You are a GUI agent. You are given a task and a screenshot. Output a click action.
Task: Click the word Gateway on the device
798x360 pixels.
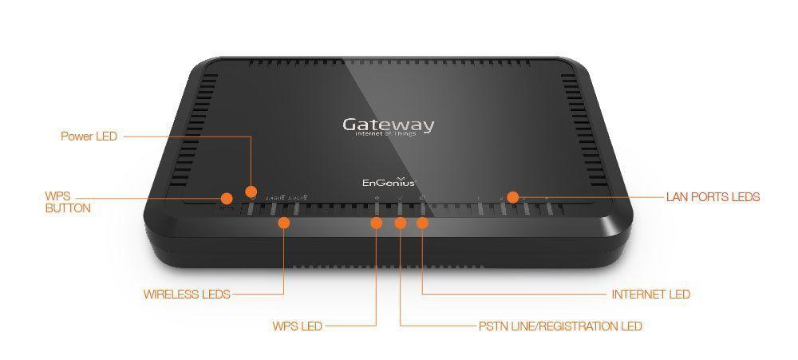coord(389,125)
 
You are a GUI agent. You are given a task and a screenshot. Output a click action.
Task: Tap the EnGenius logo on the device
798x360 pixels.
coord(384,181)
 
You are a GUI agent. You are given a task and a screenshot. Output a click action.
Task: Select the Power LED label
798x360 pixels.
coord(89,136)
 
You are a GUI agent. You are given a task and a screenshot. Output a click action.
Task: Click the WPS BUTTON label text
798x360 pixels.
coord(67,202)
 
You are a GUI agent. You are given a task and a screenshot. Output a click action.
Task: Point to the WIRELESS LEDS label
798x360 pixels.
coord(187,294)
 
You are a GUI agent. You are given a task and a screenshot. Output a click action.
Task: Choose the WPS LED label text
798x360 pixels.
coord(297,326)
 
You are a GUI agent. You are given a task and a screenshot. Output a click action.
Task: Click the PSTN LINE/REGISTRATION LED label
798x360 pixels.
coord(560,326)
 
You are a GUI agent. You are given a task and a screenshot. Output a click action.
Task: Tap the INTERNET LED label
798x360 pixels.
coord(650,294)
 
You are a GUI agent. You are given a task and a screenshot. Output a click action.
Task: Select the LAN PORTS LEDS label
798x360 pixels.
coord(713,196)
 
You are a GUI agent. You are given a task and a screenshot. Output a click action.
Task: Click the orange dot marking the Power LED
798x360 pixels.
coord(251,192)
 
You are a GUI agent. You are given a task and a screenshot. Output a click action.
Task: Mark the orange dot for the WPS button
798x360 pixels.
coord(226,197)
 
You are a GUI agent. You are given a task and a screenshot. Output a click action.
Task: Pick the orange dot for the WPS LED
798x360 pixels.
coord(377,222)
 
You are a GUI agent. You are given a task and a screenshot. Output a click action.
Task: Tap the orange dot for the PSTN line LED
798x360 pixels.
coord(400,222)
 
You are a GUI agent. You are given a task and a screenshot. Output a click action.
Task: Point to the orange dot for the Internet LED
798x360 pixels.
coord(422,222)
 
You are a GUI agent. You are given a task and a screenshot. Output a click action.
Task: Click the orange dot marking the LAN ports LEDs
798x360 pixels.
coord(513,196)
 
